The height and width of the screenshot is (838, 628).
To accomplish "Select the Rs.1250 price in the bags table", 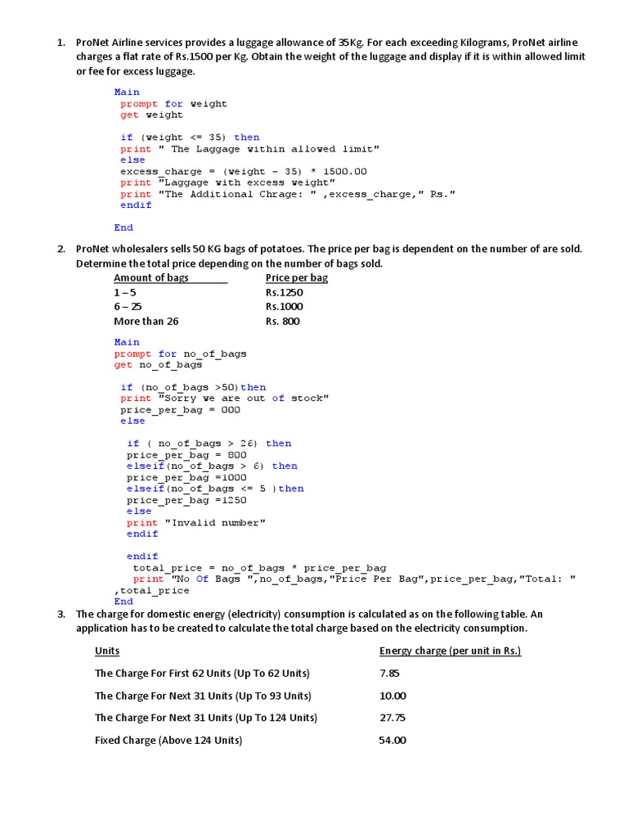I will tap(284, 292).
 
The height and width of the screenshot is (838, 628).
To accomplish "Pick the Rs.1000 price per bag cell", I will tap(284, 307).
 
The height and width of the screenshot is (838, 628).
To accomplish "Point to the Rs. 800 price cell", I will tap(283, 322).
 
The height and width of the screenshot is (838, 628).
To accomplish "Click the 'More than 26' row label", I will tap(146, 322).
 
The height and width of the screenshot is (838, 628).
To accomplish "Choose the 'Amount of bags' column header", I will tap(151, 277).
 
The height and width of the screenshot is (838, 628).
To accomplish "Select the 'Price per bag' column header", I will tap(297, 277).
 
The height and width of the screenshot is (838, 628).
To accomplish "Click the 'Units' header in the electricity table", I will tap(107, 651).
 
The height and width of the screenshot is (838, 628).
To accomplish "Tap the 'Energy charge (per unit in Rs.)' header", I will tap(450, 651).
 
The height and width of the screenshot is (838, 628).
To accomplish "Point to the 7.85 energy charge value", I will tap(389, 674).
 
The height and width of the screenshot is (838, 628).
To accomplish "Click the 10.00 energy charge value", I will tap(392, 696).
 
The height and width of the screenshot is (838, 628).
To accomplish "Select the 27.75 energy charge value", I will tap(392, 718).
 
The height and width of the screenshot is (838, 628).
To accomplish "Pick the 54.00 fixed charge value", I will tap(392, 741).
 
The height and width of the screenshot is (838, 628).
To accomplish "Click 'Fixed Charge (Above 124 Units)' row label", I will tap(168, 741).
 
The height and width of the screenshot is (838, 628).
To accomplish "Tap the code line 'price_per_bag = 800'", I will tap(174, 455).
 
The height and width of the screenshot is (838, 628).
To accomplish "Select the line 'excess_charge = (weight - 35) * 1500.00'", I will tap(244, 172).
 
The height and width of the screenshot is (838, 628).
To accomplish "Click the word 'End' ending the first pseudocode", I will tap(123, 228).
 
